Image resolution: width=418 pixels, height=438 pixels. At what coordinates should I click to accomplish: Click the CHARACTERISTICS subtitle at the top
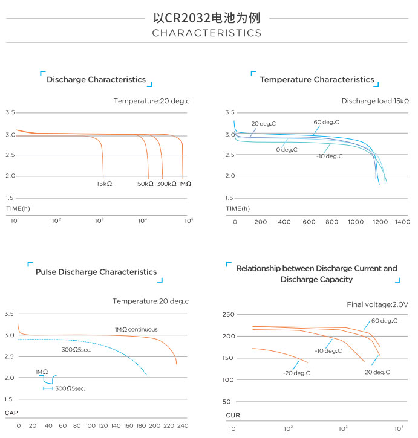pyautogui.click(x=206, y=33)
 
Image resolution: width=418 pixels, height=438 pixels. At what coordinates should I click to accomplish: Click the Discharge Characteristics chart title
pyautogui.click(x=96, y=80)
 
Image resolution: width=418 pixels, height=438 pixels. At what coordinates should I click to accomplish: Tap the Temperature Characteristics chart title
pyautogui.click(x=317, y=80)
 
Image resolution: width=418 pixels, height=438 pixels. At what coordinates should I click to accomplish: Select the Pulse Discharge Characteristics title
pyautogui.click(x=96, y=272)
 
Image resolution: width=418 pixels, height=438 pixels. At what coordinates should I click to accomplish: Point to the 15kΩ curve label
pyautogui.click(x=104, y=184)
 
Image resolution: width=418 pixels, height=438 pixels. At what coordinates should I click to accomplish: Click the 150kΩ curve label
pyautogui.click(x=145, y=184)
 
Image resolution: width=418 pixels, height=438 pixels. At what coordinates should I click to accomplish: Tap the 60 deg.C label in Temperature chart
pyautogui.click(x=326, y=122)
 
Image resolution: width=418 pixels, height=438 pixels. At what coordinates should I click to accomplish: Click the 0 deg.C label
pyautogui.click(x=286, y=149)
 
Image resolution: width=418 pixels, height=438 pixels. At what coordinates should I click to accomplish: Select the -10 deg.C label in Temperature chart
pyautogui.click(x=329, y=156)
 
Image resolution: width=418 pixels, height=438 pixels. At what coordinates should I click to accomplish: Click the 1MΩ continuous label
pyautogui.click(x=136, y=329)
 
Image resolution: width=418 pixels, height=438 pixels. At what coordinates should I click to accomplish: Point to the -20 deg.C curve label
pyautogui.click(x=296, y=373)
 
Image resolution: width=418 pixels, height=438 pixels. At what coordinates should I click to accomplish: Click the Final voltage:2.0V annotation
pyautogui.click(x=377, y=304)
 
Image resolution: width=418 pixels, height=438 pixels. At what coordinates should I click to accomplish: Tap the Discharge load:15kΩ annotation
pyautogui.click(x=375, y=101)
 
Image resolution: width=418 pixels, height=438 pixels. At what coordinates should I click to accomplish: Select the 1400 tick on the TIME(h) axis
pyautogui.click(x=402, y=222)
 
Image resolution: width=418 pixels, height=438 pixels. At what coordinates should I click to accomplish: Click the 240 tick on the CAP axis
pyautogui.click(x=182, y=426)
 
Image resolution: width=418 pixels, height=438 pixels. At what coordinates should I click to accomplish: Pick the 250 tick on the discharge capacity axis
pyautogui.click(x=228, y=315)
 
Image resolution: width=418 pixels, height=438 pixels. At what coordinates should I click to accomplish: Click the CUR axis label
pyautogui.click(x=233, y=416)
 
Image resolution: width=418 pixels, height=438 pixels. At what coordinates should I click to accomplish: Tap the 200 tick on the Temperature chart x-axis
pyautogui.click(x=261, y=222)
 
